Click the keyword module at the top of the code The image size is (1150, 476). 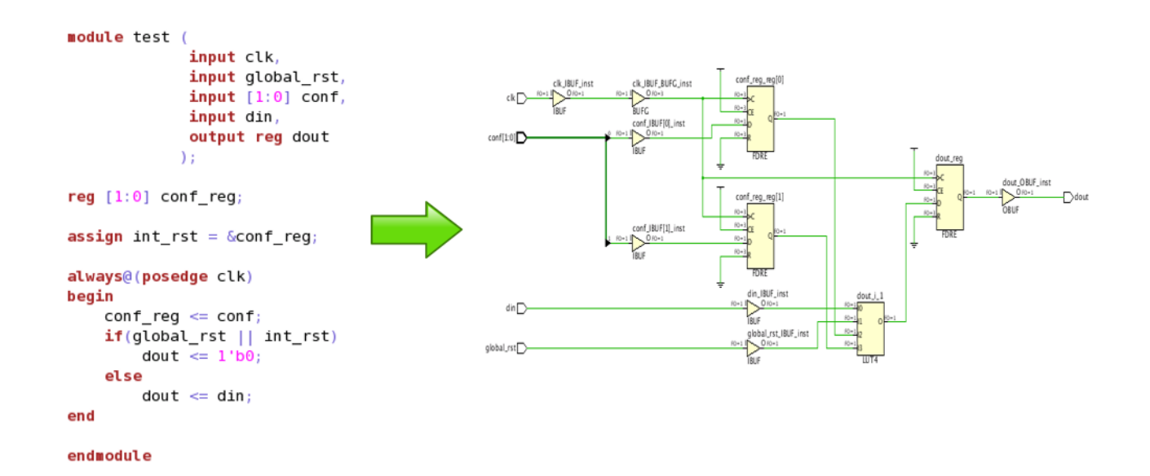point(95,37)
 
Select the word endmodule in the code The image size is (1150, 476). point(109,456)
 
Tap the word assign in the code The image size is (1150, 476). point(95,236)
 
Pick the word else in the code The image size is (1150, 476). point(123,376)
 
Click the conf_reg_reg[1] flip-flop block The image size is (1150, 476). point(760,236)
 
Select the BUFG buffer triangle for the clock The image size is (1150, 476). point(639,99)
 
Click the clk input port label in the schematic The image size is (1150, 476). point(511,99)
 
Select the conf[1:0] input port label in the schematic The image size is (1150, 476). point(502,138)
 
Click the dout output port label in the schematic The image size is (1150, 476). point(1081,197)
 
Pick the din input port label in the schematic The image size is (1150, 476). point(511,308)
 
